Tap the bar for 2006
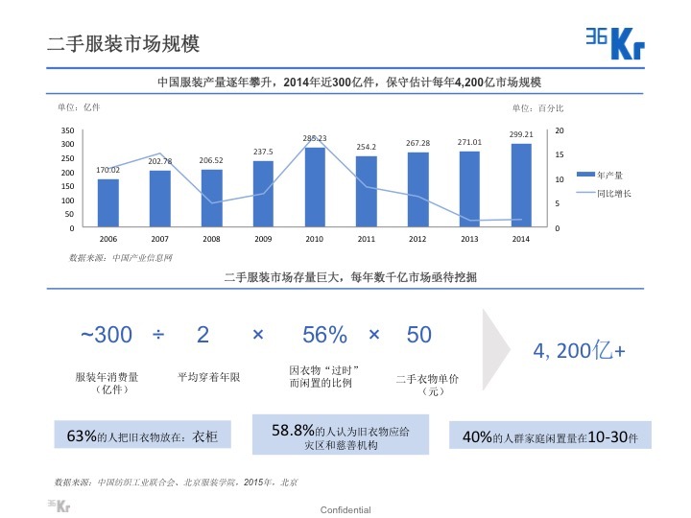108,204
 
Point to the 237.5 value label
263,152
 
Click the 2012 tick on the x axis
417,238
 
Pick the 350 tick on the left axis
67,129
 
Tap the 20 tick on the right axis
560,129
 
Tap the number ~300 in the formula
107,335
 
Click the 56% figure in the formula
324,335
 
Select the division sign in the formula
158,335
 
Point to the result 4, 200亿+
580,351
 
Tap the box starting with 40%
543,436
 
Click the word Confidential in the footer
345,509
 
